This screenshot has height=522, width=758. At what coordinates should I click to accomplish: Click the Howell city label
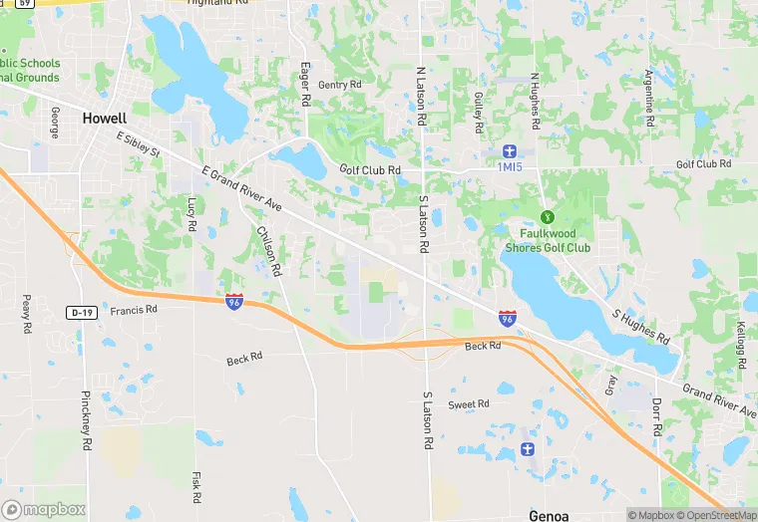[x=105, y=118]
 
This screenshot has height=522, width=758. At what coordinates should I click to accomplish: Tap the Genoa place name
[x=548, y=515]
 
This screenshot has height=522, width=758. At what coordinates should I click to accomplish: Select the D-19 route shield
[x=83, y=312]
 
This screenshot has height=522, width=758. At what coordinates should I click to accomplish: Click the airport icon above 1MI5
[x=510, y=150]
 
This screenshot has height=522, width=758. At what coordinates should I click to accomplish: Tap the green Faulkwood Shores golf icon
[x=547, y=216]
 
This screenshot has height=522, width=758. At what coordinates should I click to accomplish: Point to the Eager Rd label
[x=306, y=85]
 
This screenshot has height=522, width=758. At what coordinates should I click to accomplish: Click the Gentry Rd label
[x=340, y=85]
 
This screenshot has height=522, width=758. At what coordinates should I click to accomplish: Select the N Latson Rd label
[x=421, y=96]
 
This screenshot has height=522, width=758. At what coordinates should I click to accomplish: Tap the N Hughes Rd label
[x=535, y=101]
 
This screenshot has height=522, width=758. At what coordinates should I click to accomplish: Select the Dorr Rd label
[x=657, y=418]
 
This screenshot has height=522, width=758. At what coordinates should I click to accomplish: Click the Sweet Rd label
[x=469, y=404]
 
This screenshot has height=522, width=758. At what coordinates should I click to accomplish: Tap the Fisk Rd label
[x=196, y=483]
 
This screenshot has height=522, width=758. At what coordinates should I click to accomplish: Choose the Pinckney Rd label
[x=86, y=415]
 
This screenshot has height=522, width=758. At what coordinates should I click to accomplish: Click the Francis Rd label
[x=134, y=310]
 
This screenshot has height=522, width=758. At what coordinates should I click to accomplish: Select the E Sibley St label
[x=138, y=145]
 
